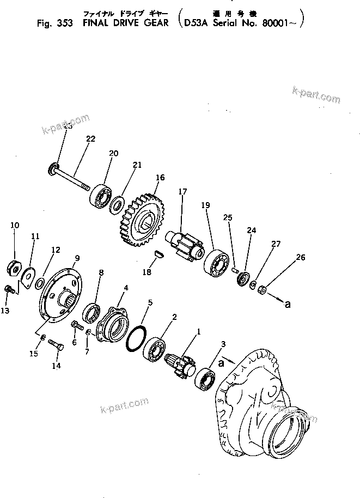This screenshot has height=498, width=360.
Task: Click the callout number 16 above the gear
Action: point(160,178)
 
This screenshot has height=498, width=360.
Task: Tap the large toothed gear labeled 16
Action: point(141,221)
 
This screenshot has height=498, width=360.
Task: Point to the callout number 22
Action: point(90,139)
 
